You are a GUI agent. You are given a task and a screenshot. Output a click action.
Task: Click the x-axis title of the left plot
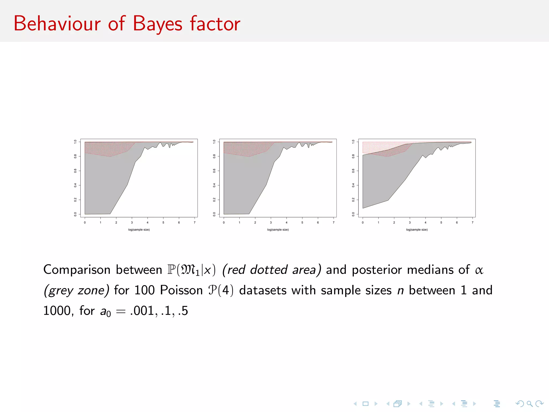coord(139,230)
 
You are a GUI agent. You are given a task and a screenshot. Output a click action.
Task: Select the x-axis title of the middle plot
coord(278,230)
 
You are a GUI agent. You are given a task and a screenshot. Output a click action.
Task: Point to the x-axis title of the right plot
coord(417,230)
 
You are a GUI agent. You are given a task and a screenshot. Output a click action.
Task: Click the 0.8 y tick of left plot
coord(75,156)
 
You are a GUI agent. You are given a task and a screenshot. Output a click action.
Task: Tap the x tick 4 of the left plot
coord(147,222)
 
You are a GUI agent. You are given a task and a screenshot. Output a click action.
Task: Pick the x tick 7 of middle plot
coord(333,222)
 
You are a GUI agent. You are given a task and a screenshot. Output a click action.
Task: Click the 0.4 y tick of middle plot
coord(214,185)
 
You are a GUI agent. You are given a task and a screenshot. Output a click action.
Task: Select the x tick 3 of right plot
coord(410,222)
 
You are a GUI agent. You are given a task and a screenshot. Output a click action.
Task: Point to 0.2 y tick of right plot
coord(353,200)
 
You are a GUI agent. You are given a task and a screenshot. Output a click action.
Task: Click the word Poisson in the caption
coord(181,290)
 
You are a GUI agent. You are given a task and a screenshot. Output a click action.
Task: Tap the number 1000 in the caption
coord(57,311)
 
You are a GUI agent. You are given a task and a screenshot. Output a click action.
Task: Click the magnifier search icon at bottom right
coord(529,404)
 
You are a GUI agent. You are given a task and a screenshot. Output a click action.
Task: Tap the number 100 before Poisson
coord(144,290)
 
